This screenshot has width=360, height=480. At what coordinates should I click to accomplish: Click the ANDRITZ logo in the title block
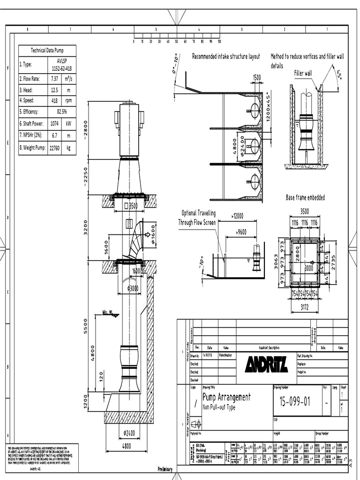click(266, 364)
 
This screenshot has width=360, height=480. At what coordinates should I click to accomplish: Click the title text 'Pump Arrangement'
click(226, 397)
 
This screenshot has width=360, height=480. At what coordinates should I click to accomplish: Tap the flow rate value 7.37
click(54, 79)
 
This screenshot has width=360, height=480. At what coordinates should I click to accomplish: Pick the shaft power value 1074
click(54, 124)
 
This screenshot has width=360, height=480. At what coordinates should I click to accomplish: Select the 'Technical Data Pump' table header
click(47, 50)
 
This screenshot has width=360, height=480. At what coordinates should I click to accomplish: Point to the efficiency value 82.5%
click(61, 112)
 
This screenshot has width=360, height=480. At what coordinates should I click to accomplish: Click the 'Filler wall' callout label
click(302, 74)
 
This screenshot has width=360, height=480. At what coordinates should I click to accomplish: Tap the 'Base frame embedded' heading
click(305, 198)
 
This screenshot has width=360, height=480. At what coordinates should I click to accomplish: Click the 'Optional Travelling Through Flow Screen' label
click(197, 218)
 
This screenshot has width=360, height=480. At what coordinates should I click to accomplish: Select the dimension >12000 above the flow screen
click(237, 216)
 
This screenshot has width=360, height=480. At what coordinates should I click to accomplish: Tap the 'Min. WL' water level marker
click(108, 313)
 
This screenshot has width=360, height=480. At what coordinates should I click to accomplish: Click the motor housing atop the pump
click(129, 129)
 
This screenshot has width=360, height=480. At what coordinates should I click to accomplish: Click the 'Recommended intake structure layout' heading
click(226, 57)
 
